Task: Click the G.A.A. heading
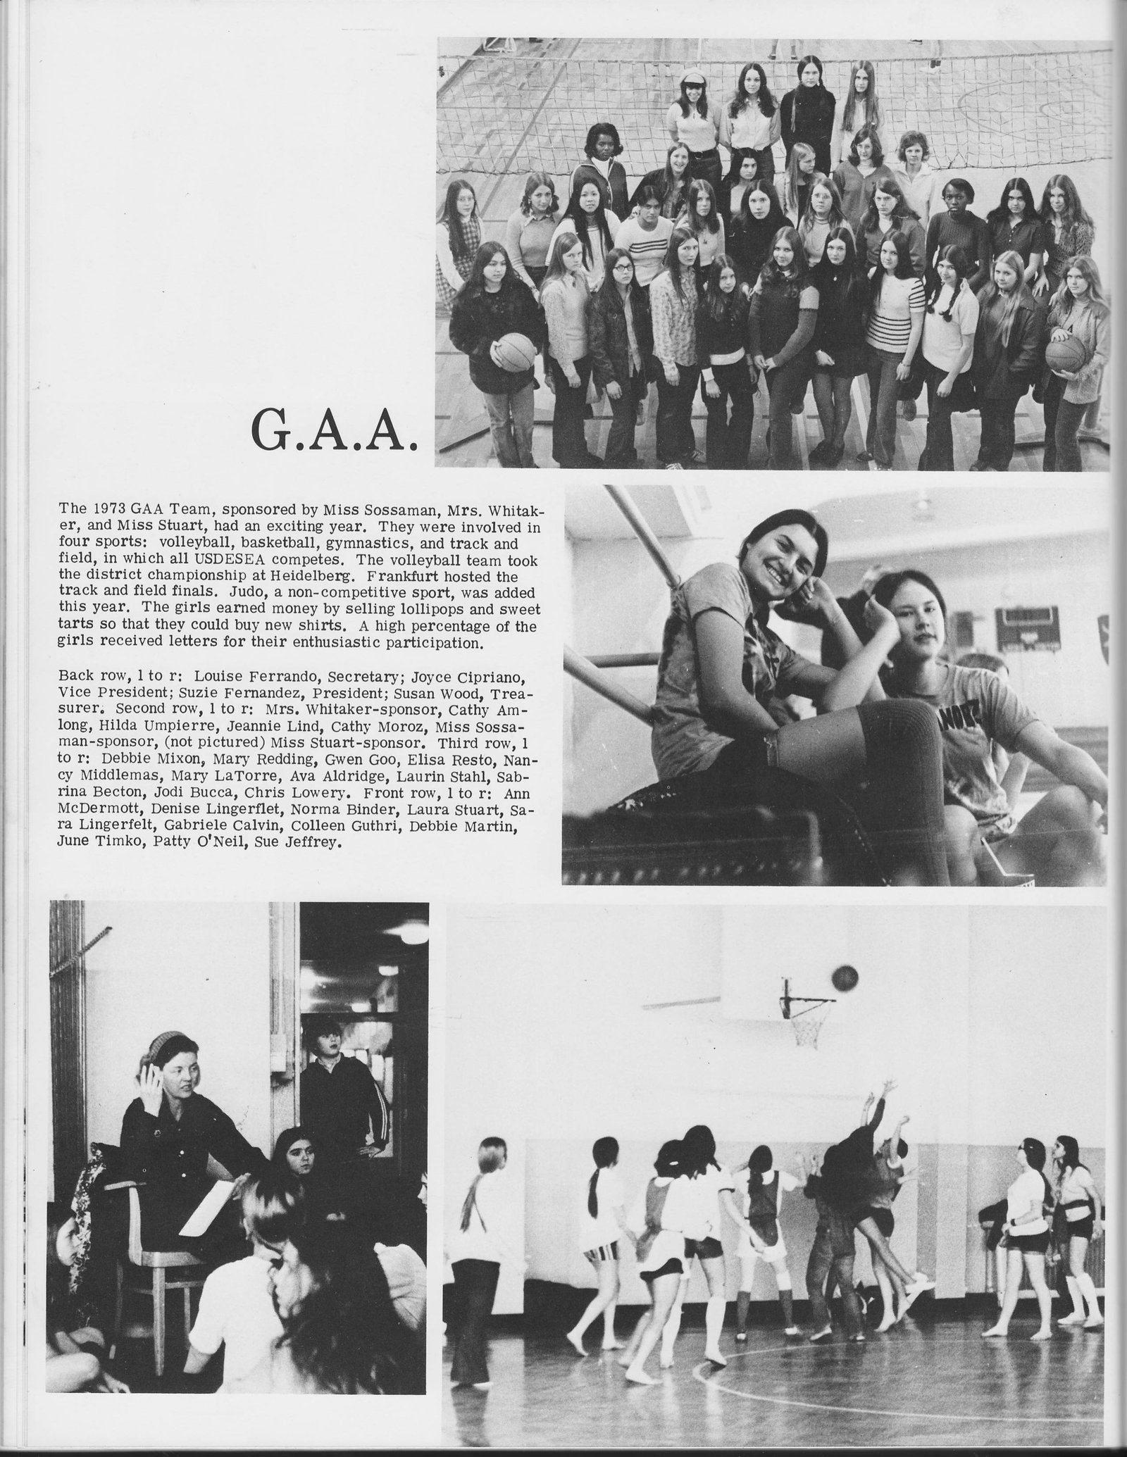click(333, 435)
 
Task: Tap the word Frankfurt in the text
click(386, 574)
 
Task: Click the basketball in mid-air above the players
click(845, 977)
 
